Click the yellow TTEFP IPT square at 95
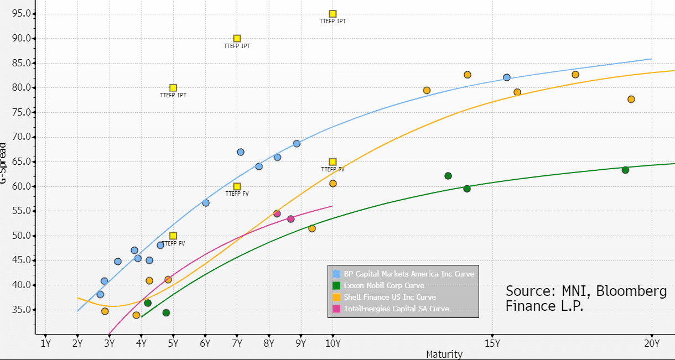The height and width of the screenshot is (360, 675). click(333, 14)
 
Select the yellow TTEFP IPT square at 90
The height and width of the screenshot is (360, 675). click(237, 39)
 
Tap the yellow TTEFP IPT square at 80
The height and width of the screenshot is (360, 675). click(173, 88)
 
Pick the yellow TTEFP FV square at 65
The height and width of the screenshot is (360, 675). click(333, 162)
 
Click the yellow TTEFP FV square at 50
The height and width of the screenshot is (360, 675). click(173, 236)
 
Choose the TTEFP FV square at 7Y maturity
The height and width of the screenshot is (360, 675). click(237, 187)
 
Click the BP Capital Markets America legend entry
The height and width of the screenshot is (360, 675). click(409, 274)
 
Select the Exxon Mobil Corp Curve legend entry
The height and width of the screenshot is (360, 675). click(384, 285)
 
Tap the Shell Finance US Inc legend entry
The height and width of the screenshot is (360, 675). click(390, 297)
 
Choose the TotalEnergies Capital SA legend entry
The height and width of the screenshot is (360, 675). click(396, 309)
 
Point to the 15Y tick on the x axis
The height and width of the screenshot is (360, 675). click(492, 343)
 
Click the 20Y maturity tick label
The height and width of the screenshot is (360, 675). click(652, 343)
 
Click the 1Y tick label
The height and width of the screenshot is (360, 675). click(45, 343)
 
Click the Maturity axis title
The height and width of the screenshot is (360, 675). click(444, 354)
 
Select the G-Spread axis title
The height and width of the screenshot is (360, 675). click(4, 164)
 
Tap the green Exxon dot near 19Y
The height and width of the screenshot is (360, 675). click(625, 170)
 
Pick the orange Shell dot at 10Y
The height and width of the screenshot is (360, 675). click(333, 184)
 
